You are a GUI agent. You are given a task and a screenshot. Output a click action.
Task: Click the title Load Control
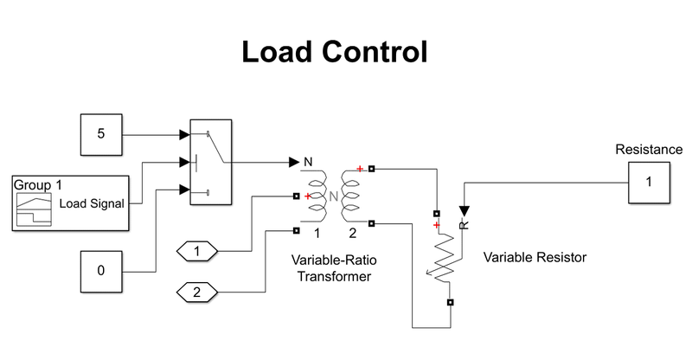click(334, 53)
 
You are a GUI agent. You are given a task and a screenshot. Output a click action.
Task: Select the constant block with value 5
click(101, 135)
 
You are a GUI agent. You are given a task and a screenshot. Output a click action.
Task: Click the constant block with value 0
click(101, 270)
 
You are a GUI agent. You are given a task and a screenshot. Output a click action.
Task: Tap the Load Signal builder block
click(71, 203)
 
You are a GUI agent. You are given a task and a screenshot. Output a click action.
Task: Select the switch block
click(210, 163)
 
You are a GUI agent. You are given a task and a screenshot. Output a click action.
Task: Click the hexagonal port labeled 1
click(196, 251)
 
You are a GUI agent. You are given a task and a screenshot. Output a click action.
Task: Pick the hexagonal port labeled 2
click(196, 292)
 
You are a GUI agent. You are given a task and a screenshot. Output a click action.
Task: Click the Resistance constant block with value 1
click(649, 183)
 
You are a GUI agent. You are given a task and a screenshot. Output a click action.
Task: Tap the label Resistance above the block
click(648, 150)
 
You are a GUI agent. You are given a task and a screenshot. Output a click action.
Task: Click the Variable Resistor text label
click(535, 257)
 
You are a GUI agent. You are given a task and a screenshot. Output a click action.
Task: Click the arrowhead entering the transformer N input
click(293, 162)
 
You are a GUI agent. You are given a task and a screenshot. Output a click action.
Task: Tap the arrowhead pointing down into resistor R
click(464, 210)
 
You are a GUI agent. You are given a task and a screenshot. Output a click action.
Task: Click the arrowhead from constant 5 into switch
click(183, 135)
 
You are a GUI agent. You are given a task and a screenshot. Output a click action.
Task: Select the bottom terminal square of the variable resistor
click(450, 302)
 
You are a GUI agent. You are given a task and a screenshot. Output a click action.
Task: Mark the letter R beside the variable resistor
click(464, 226)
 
